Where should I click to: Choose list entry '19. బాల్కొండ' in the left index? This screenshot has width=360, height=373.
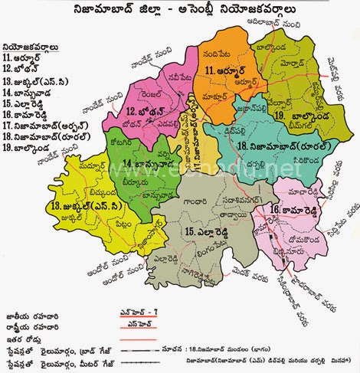[x=31, y=148]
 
